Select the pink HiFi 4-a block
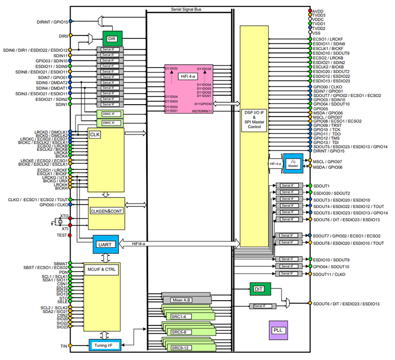point(189,89)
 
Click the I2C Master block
point(292,163)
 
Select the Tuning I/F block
point(105,344)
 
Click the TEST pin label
point(62,236)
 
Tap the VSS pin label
point(316,33)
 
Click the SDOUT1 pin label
point(321,186)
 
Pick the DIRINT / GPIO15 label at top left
point(52,21)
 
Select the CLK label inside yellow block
point(94,134)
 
